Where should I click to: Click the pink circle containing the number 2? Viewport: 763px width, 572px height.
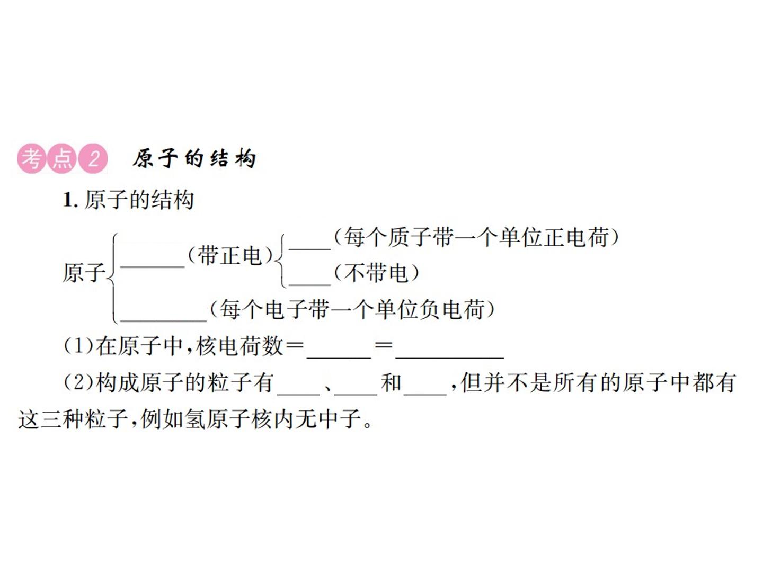[x=93, y=159]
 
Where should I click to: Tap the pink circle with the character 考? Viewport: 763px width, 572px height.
[x=32, y=159]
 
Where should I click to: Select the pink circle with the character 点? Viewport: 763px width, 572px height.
[x=63, y=159]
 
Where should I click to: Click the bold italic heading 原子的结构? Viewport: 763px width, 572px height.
[x=194, y=159]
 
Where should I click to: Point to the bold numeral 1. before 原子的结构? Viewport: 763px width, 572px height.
[x=70, y=200]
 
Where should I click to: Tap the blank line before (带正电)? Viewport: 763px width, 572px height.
[x=152, y=267]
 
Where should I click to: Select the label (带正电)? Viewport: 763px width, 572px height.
[x=230, y=256]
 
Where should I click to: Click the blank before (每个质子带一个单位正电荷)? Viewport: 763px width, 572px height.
[x=310, y=249]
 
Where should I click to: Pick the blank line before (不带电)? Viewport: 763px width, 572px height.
[x=310, y=285]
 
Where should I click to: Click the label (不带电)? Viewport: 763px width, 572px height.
[x=376, y=273]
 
